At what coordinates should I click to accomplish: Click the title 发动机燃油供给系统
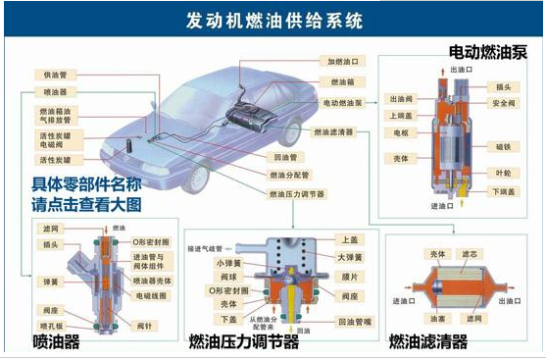point(273,19)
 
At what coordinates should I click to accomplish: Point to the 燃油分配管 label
point(290,176)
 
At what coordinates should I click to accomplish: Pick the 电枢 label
point(400,131)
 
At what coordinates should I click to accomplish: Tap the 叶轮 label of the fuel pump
point(502,171)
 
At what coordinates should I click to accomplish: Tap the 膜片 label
point(350,276)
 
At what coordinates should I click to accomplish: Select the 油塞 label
point(434,319)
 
